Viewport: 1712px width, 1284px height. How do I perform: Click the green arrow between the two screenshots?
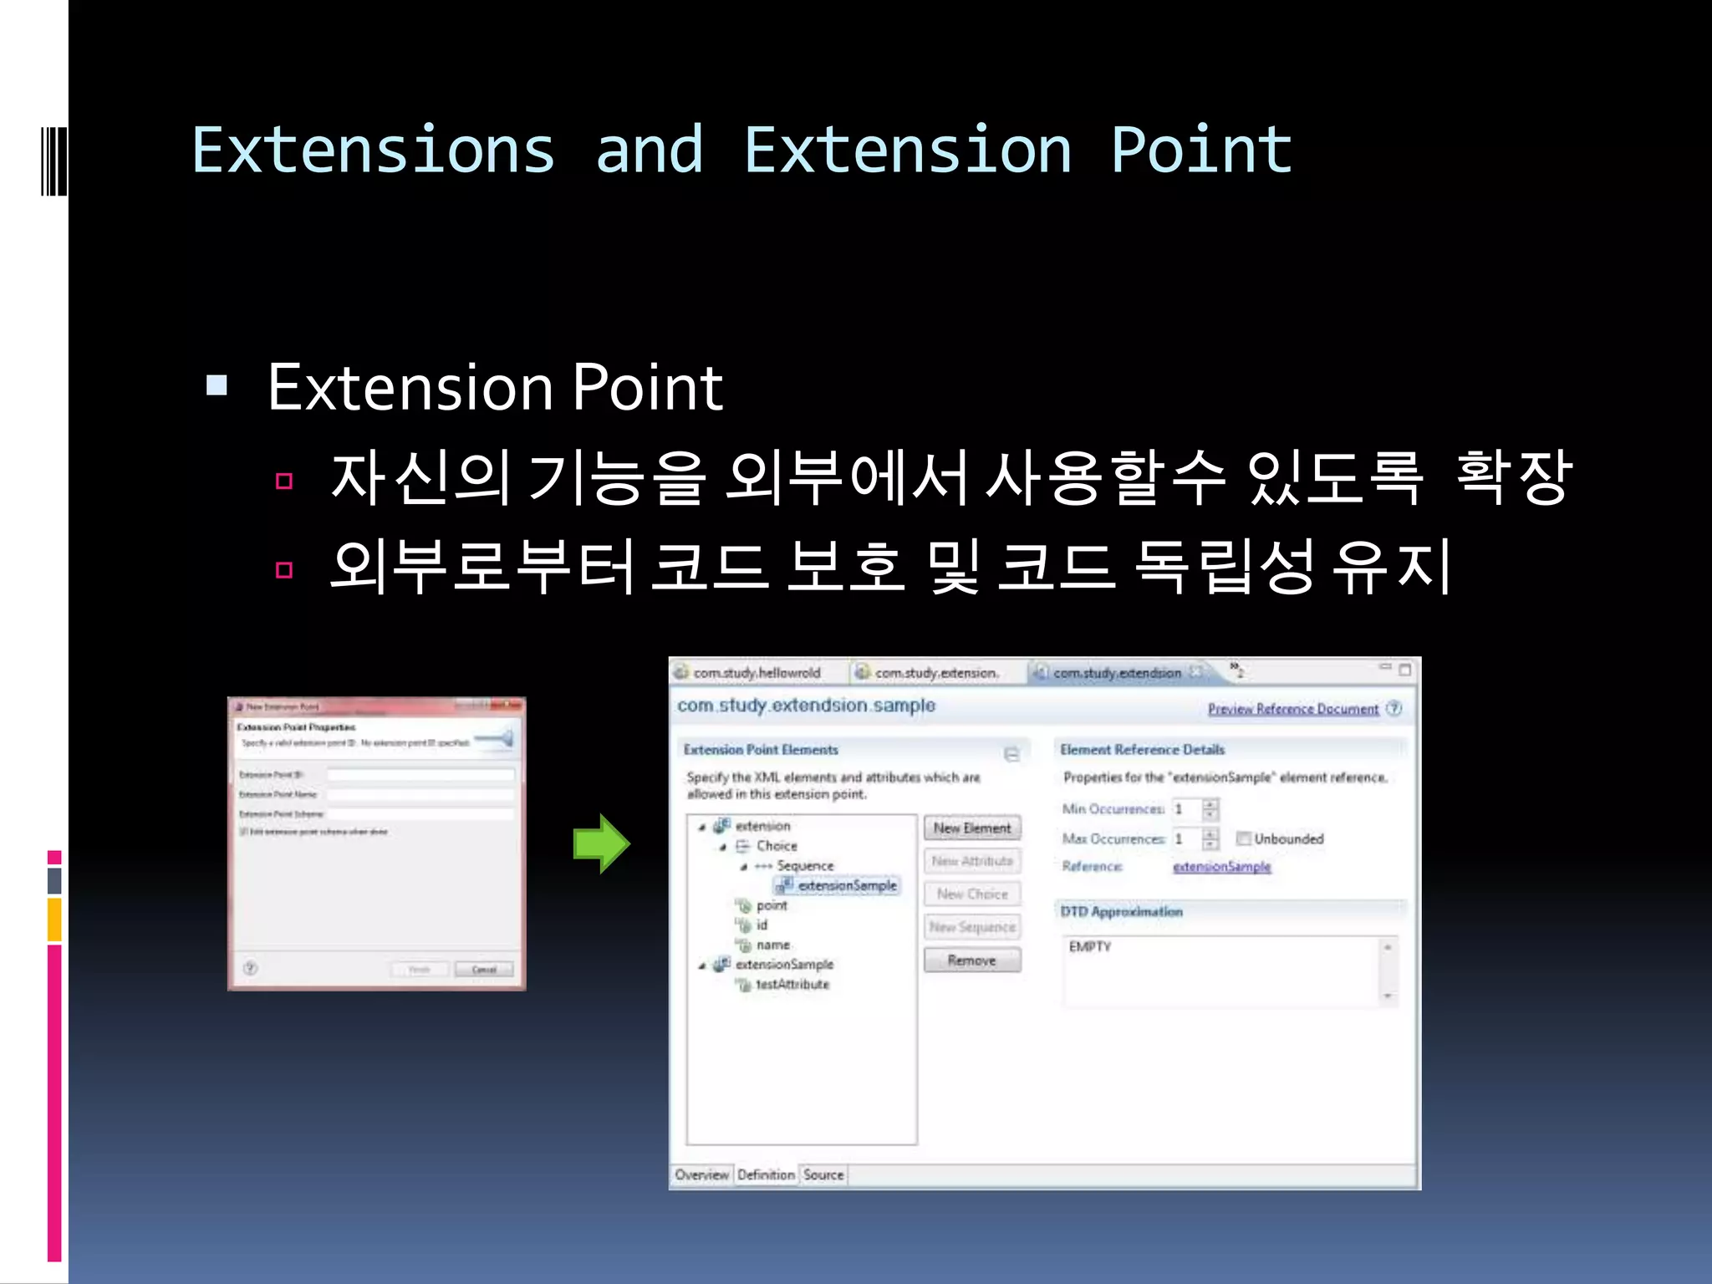pyautogui.click(x=601, y=843)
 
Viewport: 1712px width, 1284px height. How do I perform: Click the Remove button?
pyautogui.click(x=971, y=960)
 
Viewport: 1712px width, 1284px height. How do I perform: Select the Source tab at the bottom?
pyautogui.click(x=823, y=1174)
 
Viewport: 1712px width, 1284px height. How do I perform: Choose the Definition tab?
pyautogui.click(x=766, y=1174)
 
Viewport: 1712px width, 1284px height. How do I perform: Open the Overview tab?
pyautogui.click(x=701, y=1174)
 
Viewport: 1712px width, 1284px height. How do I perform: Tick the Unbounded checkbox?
pyautogui.click(x=1244, y=838)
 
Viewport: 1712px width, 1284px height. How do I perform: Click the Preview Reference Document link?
pyautogui.click(x=1292, y=709)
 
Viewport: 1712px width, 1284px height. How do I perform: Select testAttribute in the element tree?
pyautogui.click(x=792, y=985)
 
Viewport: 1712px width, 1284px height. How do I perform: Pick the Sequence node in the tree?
pyautogui.click(x=804, y=866)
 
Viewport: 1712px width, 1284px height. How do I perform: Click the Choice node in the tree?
pyautogui.click(x=776, y=846)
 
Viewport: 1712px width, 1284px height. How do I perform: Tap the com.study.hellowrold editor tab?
pyautogui.click(x=756, y=673)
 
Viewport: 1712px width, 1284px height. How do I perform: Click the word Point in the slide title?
pyautogui.click(x=1201, y=150)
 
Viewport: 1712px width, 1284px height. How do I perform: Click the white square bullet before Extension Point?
pyautogui.click(x=217, y=385)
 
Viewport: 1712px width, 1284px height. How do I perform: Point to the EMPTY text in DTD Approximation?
pyautogui.click(x=1090, y=946)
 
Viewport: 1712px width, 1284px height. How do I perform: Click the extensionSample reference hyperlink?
pyautogui.click(x=1221, y=867)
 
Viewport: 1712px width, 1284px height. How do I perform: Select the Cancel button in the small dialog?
pyautogui.click(x=484, y=970)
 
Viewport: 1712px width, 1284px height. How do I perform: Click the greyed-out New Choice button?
pyautogui.click(x=971, y=894)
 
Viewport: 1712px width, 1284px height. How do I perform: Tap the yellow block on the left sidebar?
pyautogui.click(x=54, y=920)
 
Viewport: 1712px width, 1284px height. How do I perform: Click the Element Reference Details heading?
pyautogui.click(x=1142, y=750)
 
